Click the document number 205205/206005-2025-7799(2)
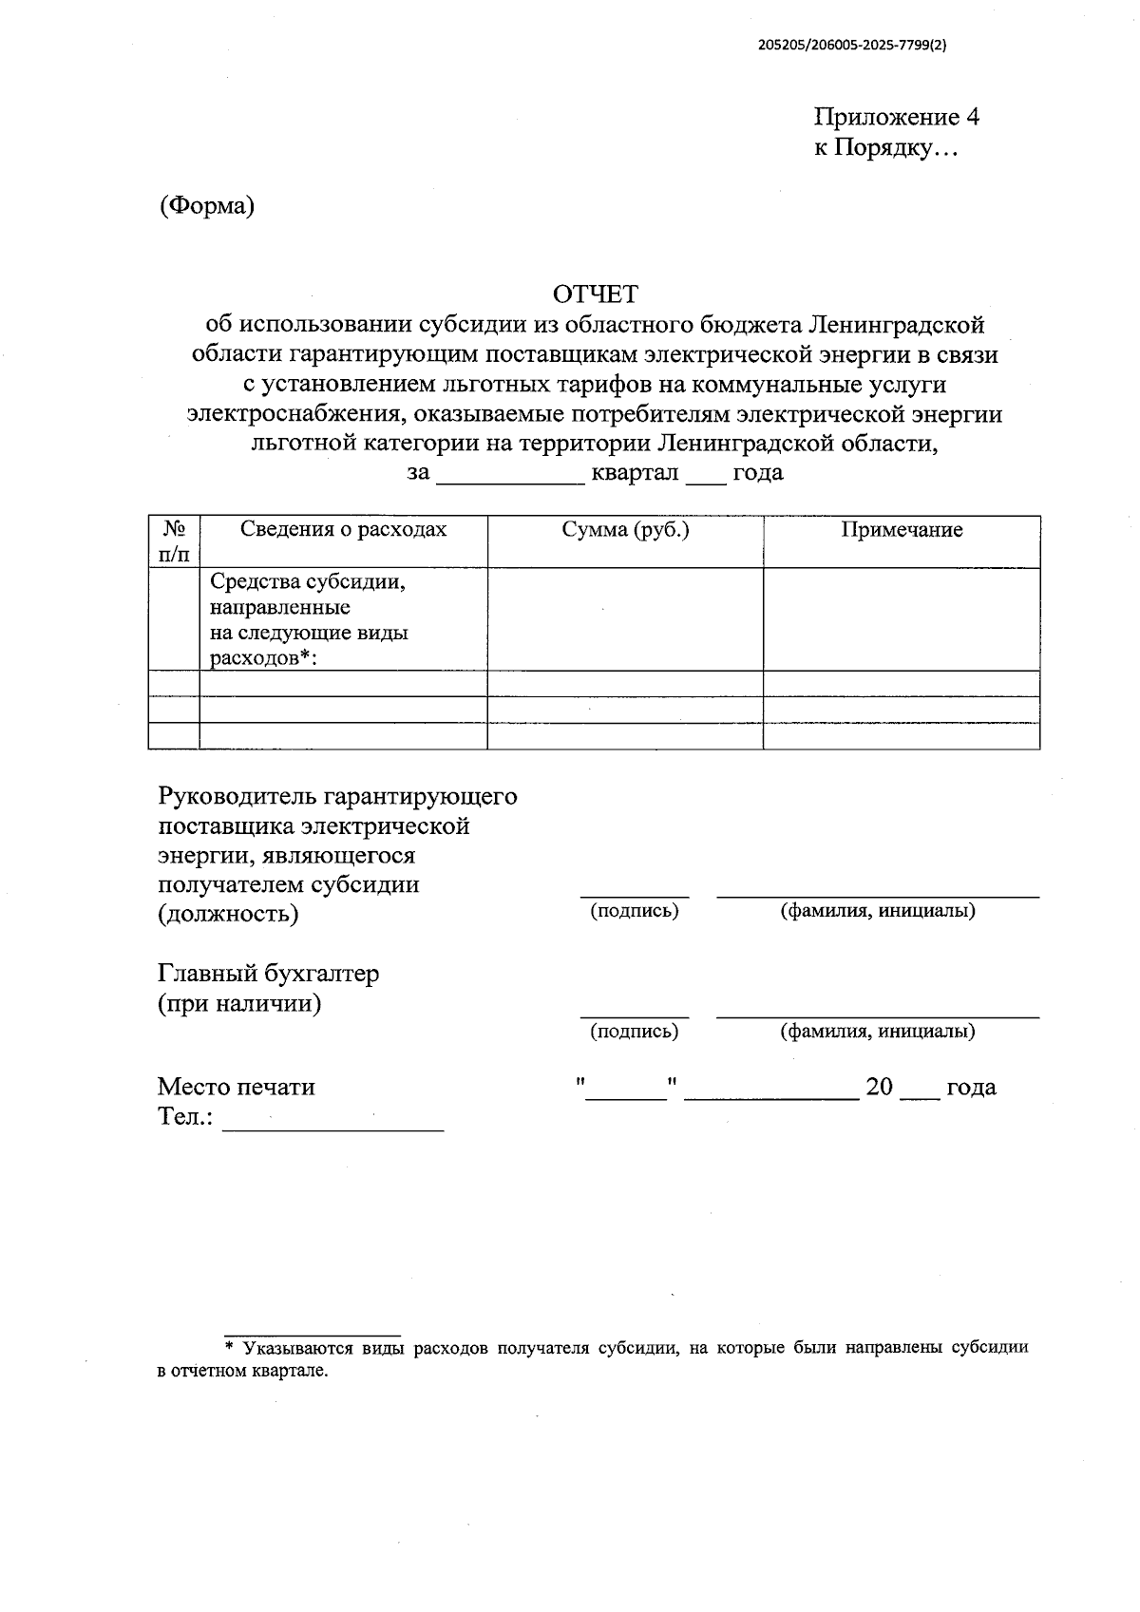point(852,45)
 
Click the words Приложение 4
point(896,117)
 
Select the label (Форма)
point(206,205)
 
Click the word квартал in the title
point(635,473)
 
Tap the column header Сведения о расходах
point(343,529)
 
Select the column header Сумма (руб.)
point(625,529)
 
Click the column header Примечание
point(901,530)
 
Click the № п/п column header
point(173,540)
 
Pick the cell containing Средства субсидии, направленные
point(309,618)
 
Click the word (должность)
point(228,914)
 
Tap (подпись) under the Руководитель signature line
point(634,911)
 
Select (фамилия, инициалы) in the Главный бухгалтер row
point(877,1032)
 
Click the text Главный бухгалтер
point(268,974)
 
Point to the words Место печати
point(236,1087)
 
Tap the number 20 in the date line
point(879,1088)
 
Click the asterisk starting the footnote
point(229,1347)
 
